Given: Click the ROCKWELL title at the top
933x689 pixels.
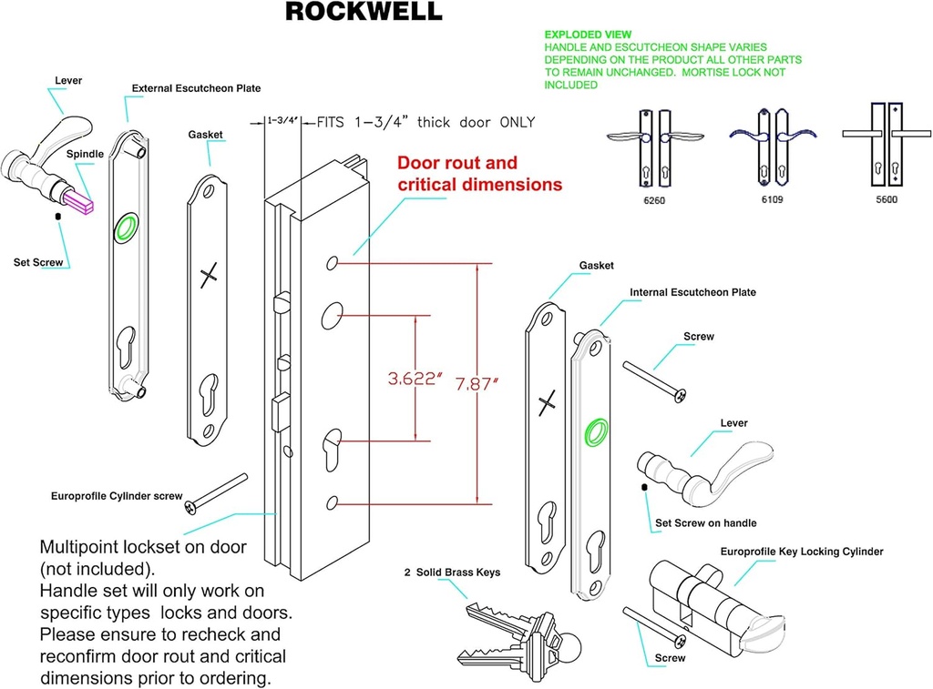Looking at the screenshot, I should tap(364, 12).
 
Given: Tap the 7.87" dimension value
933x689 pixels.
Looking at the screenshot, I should tap(477, 383).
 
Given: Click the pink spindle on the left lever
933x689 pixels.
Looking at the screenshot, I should tap(79, 198).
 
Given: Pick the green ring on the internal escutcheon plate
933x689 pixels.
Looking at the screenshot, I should tap(597, 431).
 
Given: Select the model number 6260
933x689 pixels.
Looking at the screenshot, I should tap(653, 198).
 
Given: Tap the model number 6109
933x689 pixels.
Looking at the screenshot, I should tap(770, 198).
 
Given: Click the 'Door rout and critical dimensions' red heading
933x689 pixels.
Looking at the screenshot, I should tap(479, 173).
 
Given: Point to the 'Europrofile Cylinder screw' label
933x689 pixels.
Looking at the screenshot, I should tap(116, 496).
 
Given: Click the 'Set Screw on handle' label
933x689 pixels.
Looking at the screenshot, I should tap(706, 523).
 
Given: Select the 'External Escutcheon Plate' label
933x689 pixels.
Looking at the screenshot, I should tap(196, 88).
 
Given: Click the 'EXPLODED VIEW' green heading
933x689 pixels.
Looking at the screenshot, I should tap(588, 35).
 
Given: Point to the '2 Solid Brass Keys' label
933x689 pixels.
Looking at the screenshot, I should tap(452, 573).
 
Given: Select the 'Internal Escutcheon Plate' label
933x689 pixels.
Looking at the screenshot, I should tap(692, 292).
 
